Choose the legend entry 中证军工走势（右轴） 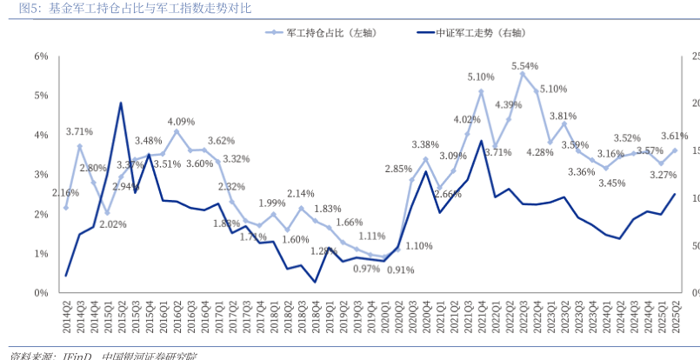[482, 32]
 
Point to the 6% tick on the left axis [41, 57]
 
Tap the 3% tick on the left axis [41, 175]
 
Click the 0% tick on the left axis [41, 293]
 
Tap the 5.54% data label [524, 65]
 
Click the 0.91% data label [400, 270]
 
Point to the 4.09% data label [181, 122]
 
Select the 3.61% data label [674, 136]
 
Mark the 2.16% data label [65, 193]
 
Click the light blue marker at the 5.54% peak [523, 74]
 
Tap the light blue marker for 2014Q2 [66, 208]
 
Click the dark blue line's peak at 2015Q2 [121, 103]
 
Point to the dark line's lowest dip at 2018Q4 [315, 281]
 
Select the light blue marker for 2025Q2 [675, 150]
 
